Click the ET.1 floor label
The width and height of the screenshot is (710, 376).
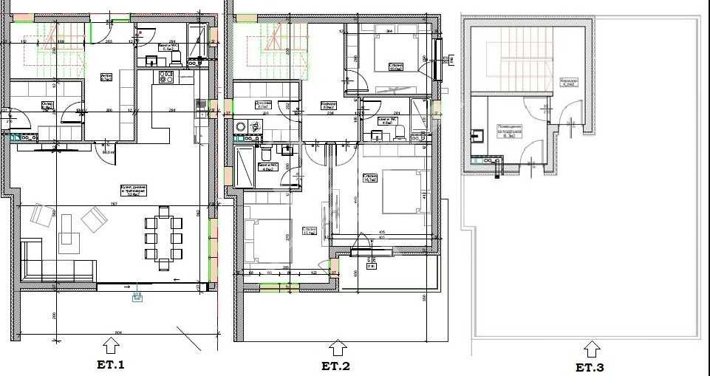click(x=111, y=364)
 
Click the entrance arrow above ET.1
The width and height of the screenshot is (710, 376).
click(x=110, y=345)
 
